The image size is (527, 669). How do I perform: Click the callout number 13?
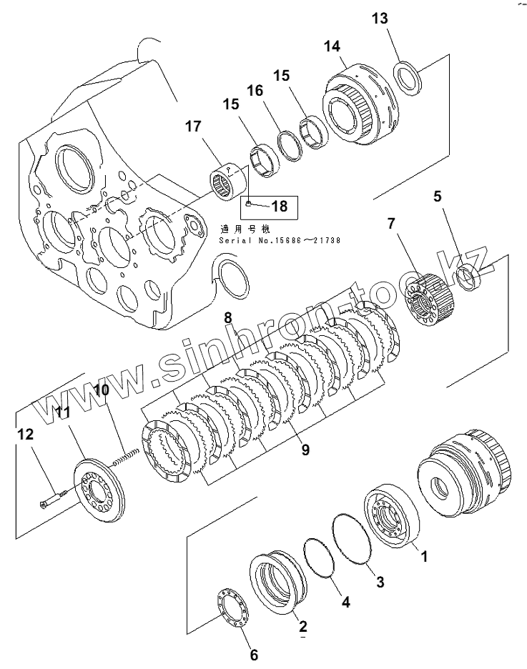click(380, 19)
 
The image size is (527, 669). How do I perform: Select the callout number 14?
click(332, 46)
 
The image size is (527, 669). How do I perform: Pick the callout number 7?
click(391, 224)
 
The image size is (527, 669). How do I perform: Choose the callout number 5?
click(438, 195)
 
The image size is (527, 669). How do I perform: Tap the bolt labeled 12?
click(54, 497)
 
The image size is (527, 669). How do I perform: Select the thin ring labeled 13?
click(408, 76)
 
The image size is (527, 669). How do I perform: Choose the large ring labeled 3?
click(352, 540)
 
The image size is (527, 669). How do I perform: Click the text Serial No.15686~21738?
click(279, 241)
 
